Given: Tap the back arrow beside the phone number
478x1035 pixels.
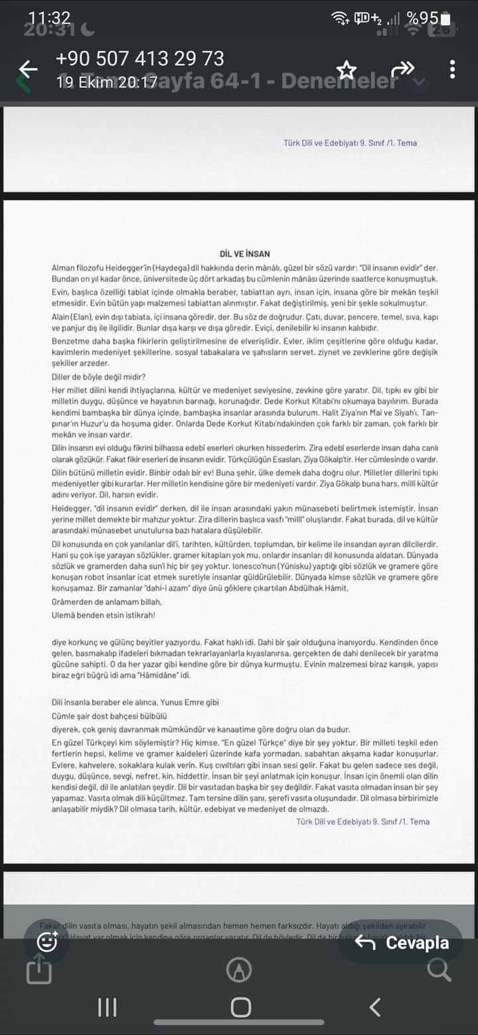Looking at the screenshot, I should (28, 69).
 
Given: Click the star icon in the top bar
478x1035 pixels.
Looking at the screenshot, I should (347, 70).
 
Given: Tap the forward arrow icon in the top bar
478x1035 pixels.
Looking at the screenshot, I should (402, 68).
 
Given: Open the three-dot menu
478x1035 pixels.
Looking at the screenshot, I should (452, 69).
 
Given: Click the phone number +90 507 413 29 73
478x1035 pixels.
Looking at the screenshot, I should (140, 58).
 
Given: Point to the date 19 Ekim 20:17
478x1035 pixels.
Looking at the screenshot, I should (107, 82).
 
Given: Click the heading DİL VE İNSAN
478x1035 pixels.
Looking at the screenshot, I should (244, 253).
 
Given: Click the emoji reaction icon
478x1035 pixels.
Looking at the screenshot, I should (47, 941).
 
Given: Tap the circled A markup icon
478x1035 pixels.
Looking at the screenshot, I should (239, 970).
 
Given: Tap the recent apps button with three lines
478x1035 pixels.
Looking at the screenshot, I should (108, 1007).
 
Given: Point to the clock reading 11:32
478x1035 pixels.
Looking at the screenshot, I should (50, 18).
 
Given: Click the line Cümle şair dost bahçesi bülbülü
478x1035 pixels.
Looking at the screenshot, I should (109, 716).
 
